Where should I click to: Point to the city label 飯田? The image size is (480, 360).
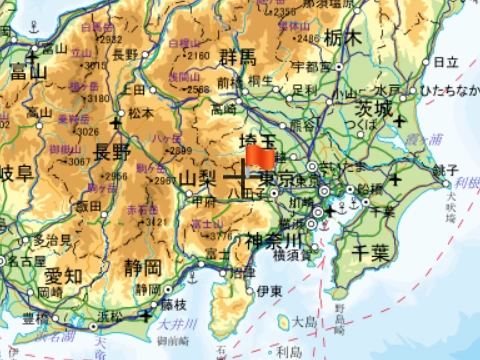[88, 205]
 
